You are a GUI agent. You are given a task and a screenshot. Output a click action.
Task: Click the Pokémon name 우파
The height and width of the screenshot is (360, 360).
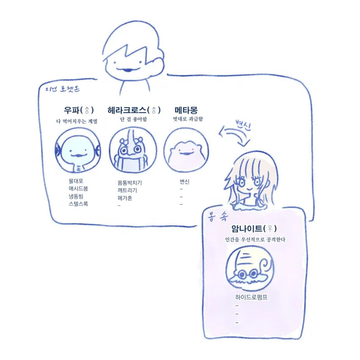pyautogui.click(x=72, y=110)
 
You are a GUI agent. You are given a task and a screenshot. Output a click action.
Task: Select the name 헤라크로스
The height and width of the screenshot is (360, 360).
pyautogui.click(x=127, y=110)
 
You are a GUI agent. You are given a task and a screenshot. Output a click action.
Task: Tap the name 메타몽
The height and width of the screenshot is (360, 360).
pyautogui.click(x=186, y=110)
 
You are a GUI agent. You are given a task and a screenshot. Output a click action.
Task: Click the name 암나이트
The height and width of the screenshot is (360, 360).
pyautogui.click(x=246, y=228)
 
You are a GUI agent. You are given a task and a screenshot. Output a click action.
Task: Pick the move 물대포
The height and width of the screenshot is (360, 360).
pyautogui.click(x=76, y=181)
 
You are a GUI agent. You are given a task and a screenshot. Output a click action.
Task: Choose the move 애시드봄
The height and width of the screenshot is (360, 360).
pyautogui.click(x=78, y=188)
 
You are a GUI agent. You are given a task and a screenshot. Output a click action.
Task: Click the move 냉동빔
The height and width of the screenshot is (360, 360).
pyautogui.click(x=76, y=196)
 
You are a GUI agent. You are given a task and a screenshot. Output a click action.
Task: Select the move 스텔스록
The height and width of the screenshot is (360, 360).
pyautogui.click(x=78, y=204)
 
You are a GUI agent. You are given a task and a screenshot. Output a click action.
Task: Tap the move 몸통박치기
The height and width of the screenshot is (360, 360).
pyautogui.click(x=130, y=183)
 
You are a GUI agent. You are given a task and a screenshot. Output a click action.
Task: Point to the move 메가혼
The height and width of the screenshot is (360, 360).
pyautogui.click(x=125, y=198)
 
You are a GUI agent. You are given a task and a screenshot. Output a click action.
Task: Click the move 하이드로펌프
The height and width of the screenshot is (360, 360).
pyautogui.click(x=251, y=297)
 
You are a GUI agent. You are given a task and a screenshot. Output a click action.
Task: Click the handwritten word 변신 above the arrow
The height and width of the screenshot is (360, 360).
pyautogui.click(x=244, y=125)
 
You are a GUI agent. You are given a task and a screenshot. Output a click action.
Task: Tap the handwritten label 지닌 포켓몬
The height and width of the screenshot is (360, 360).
pyautogui.click(x=62, y=89)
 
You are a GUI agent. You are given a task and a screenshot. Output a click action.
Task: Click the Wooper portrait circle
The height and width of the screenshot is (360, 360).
pyautogui.click(x=78, y=150)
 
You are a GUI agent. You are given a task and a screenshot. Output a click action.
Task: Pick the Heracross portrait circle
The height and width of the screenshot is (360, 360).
pyautogui.click(x=133, y=150)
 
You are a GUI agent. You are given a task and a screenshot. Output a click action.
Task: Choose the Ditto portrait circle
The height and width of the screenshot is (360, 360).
pyautogui.click(x=186, y=150)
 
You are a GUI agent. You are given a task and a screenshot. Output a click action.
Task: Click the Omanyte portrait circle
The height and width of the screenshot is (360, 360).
pyautogui.click(x=250, y=268)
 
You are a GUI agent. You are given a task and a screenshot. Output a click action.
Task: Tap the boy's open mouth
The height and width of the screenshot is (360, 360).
pyautogui.click(x=127, y=69)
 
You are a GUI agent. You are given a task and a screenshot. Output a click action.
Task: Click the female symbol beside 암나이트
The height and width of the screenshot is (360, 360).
pyautogui.click(x=270, y=228)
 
